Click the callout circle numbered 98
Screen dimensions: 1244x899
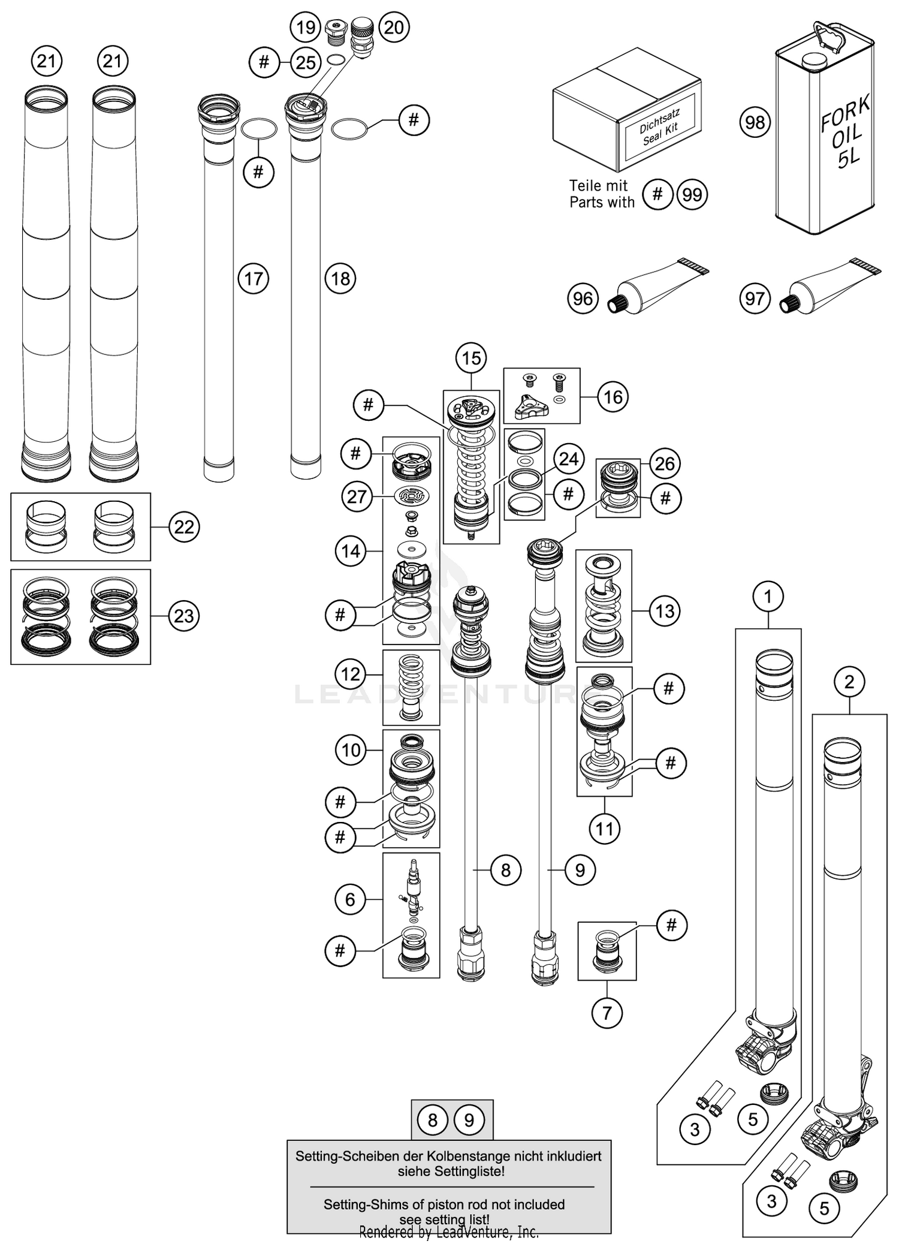[x=755, y=122]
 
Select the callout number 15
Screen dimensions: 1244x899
[x=471, y=358]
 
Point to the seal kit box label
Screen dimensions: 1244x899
[x=659, y=127]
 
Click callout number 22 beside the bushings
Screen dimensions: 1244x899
[x=183, y=526]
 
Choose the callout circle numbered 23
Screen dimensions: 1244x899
[x=183, y=616]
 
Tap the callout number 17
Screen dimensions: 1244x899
[x=254, y=278]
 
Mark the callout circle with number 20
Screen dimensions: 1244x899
[x=394, y=27]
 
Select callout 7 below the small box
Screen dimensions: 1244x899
[x=607, y=1013]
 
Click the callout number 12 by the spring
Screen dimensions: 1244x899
[x=351, y=674]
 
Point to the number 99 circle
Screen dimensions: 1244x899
[x=692, y=194]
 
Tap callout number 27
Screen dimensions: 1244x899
[x=357, y=496]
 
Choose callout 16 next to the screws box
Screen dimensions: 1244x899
[x=613, y=397]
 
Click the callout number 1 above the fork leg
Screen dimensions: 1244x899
[x=768, y=597]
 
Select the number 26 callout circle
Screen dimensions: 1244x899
[x=665, y=463]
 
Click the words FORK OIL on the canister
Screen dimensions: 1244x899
[x=845, y=123]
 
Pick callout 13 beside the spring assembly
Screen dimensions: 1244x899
[x=665, y=611]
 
